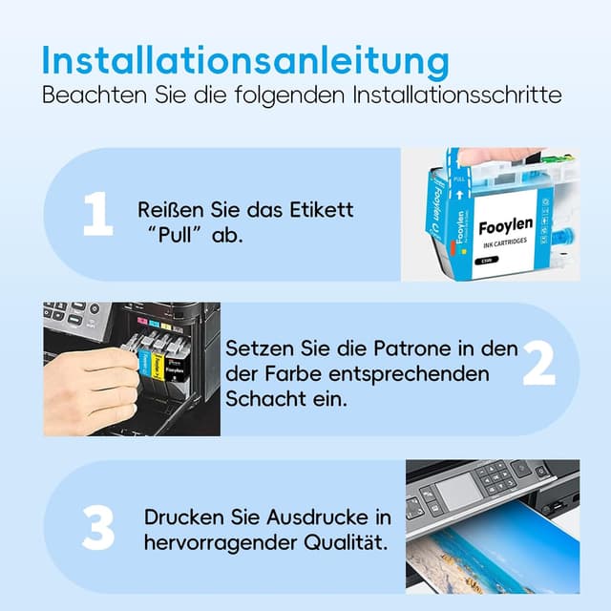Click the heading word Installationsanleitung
(x=246, y=60)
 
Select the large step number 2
(x=538, y=366)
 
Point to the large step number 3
(x=98, y=526)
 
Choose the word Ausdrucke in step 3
(x=320, y=517)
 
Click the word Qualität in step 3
(x=343, y=543)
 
